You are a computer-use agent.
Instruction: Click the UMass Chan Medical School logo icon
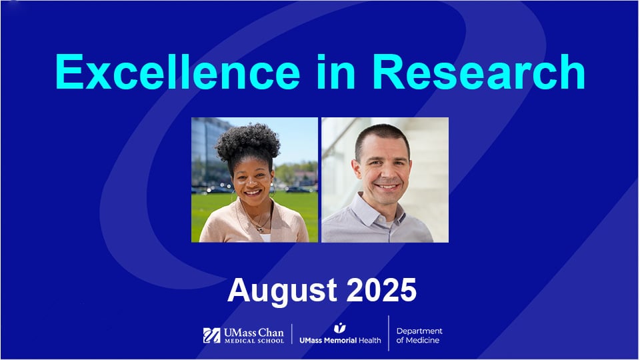click(211, 335)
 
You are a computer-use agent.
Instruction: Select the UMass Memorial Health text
click(340, 340)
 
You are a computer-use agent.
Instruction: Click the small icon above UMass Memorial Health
click(340, 327)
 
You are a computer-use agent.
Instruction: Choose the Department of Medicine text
click(419, 335)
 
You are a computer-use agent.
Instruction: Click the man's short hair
click(381, 133)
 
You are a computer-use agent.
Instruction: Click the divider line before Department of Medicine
click(389, 333)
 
